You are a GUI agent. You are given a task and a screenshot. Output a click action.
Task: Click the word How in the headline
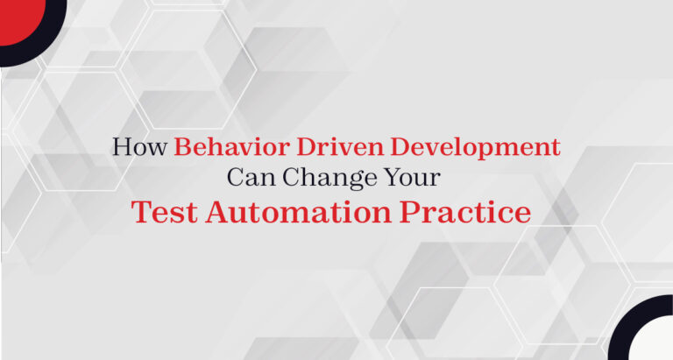coord(139,146)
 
